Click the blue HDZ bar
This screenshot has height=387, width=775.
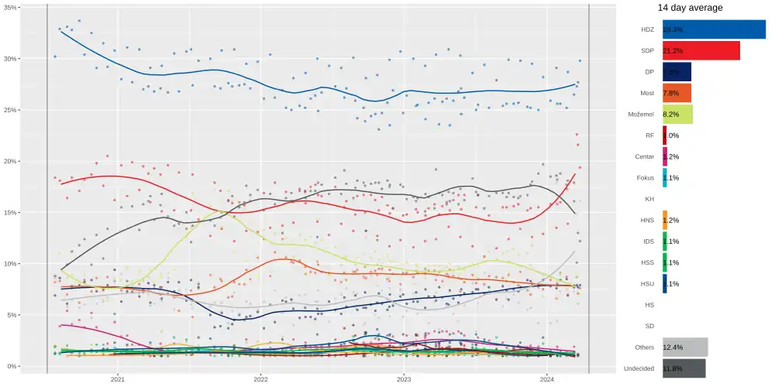click(x=713, y=29)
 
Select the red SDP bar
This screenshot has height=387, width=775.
click(x=701, y=51)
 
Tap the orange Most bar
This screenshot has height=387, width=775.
click(x=677, y=93)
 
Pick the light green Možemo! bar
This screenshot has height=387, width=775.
click(x=677, y=115)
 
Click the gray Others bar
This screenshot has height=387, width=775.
click(x=685, y=348)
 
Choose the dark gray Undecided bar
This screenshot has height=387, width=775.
click(x=684, y=368)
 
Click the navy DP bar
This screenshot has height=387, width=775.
click(x=677, y=72)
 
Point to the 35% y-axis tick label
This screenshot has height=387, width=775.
click(x=12, y=8)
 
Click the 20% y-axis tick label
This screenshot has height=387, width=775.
click(x=12, y=161)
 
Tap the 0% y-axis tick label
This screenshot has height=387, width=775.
click(x=14, y=366)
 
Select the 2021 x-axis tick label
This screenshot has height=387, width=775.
click(x=117, y=379)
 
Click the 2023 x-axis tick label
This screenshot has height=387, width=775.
click(x=404, y=379)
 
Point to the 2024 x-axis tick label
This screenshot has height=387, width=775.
click(x=547, y=379)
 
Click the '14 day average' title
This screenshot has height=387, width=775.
click(x=690, y=8)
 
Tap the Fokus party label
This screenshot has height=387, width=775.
click(x=645, y=178)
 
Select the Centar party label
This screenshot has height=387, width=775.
click(x=644, y=156)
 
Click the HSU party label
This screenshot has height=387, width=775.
click(x=647, y=284)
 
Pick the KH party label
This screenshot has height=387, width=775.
click(x=649, y=199)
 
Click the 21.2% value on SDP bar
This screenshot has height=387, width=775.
click(x=673, y=51)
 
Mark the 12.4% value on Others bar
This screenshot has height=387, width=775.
click(x=673, y=348)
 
